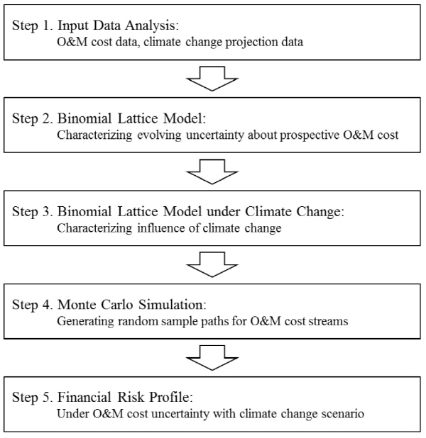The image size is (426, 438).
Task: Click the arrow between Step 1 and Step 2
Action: [x=212, y=79]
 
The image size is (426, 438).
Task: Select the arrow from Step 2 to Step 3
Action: [x=212, y=172]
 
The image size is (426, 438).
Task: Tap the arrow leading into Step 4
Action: [x=212, y=264]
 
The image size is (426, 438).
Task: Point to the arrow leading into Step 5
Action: [x=212, y=357]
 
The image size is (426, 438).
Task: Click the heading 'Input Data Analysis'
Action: [x=118, y=26]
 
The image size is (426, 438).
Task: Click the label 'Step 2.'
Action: [x=33, y=118]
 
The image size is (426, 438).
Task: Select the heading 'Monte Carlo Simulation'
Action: [x=131, y=305]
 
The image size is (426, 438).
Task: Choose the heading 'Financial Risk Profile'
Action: [x=125, y=397]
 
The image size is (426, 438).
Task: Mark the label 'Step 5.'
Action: [x=33, y=397]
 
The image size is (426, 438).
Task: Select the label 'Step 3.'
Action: [x=33, y=211]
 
